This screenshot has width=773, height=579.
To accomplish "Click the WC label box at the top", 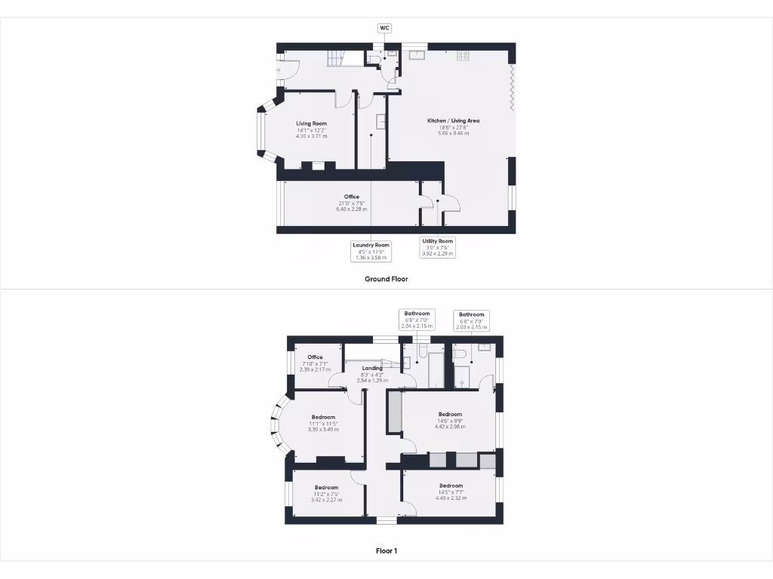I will pos(384,28).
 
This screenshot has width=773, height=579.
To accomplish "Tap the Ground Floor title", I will pos(386,279).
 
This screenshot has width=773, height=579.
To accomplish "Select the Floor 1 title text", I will pos(386,551).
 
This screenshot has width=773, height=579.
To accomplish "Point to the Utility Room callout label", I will pos(438,247).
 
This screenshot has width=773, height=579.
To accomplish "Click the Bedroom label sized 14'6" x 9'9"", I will pos(450,420).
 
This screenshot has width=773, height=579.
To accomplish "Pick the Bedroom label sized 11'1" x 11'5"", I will pos(323,423).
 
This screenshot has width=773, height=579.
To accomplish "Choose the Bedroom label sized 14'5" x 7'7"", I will pos(451,491).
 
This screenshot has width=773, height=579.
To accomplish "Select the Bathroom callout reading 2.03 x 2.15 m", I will pos(471,320).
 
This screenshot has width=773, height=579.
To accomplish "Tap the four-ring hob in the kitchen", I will pos(463,55).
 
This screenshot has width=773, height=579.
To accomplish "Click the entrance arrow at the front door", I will pos(279,70).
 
